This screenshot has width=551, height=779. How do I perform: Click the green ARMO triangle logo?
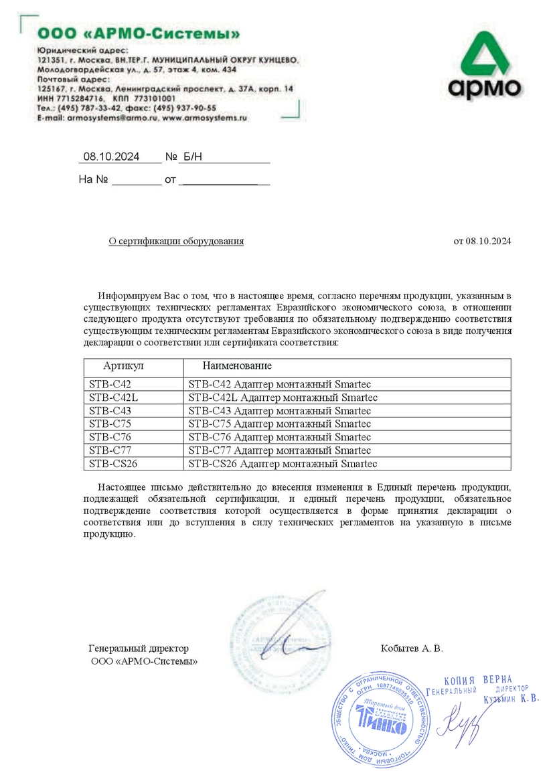click(x=483, y=57)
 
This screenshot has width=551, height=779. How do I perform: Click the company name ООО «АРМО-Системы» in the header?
click(x=139, y=33)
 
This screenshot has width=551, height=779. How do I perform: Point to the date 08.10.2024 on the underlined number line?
click(x=111, y=157)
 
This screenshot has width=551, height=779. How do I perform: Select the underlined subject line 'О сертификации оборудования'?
click(x=177, y=241)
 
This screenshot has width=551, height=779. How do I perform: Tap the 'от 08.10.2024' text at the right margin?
click(x=482, y=241)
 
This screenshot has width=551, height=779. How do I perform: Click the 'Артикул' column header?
click(x=123, y=366)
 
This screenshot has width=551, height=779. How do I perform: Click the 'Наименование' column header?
click(x=237, y=366)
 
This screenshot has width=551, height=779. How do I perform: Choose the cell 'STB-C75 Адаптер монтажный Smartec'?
click(x=280, y=424)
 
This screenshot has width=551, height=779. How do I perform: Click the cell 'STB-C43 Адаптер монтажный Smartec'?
click(x=280, y=410)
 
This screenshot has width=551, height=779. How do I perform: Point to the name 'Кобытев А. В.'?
click(x=412, y=648)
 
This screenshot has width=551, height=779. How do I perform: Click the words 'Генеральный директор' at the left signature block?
click(x=139, y=648)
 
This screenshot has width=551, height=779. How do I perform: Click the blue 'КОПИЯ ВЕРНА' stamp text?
click(x=478, y=679)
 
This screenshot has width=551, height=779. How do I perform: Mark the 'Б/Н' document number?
click(x=191, y=157)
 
